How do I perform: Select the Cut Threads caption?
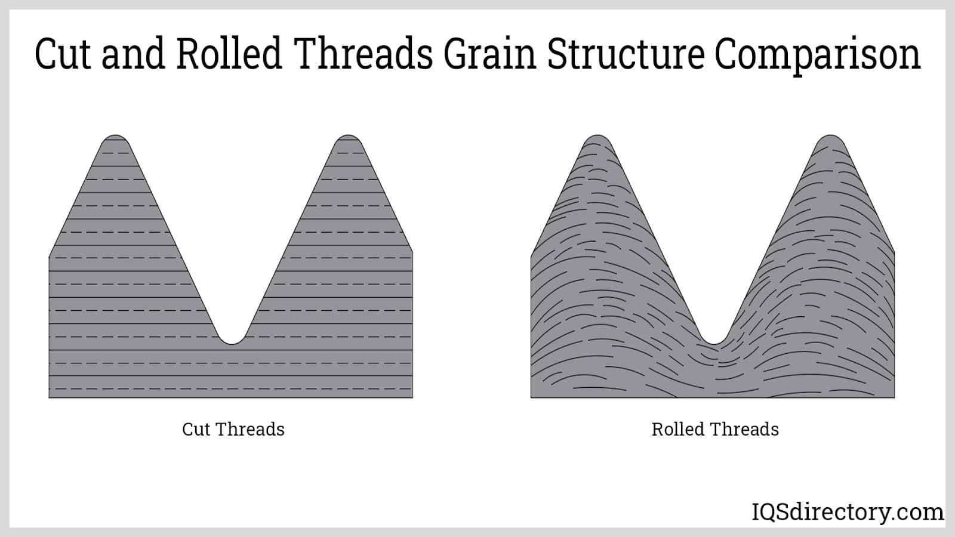(233, 429)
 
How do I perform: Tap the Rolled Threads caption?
(715, 429)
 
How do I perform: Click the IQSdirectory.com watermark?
(848, 513)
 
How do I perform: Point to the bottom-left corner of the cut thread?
(49, 397)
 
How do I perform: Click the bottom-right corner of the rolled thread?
(895, 397)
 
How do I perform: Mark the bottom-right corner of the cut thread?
(412, 397)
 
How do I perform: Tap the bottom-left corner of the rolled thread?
(531, 397)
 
